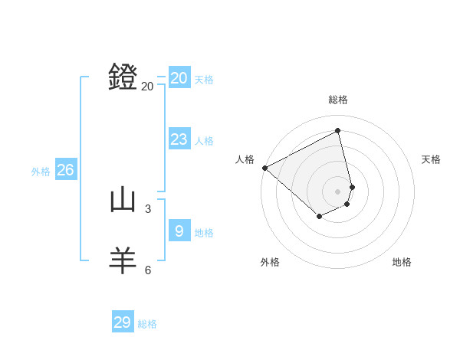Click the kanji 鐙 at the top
pos(123,77)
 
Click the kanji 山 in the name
pos(123,200)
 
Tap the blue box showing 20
pos(179,77)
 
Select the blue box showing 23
pos(179,139)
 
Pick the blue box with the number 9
pos(179,231)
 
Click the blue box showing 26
pos(65,170)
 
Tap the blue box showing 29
pos(123,322)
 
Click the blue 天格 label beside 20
pos(204,80)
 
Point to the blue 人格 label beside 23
pos(204,141)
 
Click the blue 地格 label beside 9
pos(204,233)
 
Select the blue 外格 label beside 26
pos(41,172)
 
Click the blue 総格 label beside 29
pos(147,325)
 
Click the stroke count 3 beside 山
pos(148,208)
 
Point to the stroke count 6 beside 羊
pos(148,270)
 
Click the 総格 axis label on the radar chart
pos(338,100)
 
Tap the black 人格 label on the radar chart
pos(245,159)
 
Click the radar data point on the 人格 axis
pos(264,168)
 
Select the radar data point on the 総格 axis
pos(338,131)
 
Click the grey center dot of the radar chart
pos(338,191)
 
